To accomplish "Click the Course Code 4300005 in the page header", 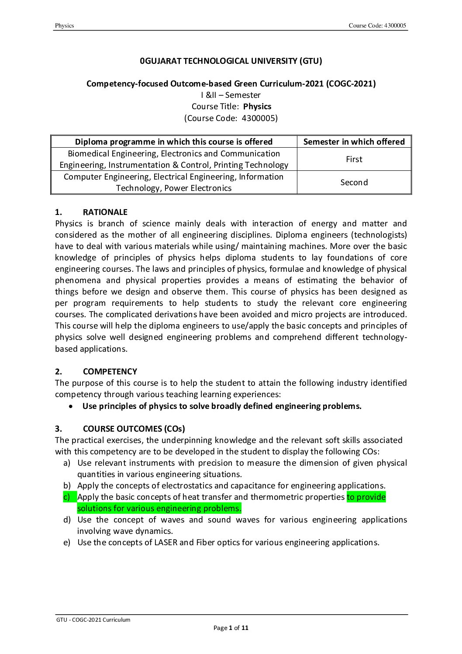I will (377, 26).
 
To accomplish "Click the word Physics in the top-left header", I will (64, 26).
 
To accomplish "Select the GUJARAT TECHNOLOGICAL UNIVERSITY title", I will (231, 61).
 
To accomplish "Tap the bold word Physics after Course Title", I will (257, 107).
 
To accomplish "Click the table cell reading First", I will (354, 159).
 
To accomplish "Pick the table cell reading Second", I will (354, 183).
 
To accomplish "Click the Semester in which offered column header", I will (354, 142).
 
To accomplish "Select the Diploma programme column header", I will (174, 142).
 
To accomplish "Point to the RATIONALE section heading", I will (105, 212).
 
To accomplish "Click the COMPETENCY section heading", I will (110, 372).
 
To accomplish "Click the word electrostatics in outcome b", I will (193, 486).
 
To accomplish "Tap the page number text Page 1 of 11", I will (231, 628).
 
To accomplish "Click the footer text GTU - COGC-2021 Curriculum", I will (93, 619).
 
